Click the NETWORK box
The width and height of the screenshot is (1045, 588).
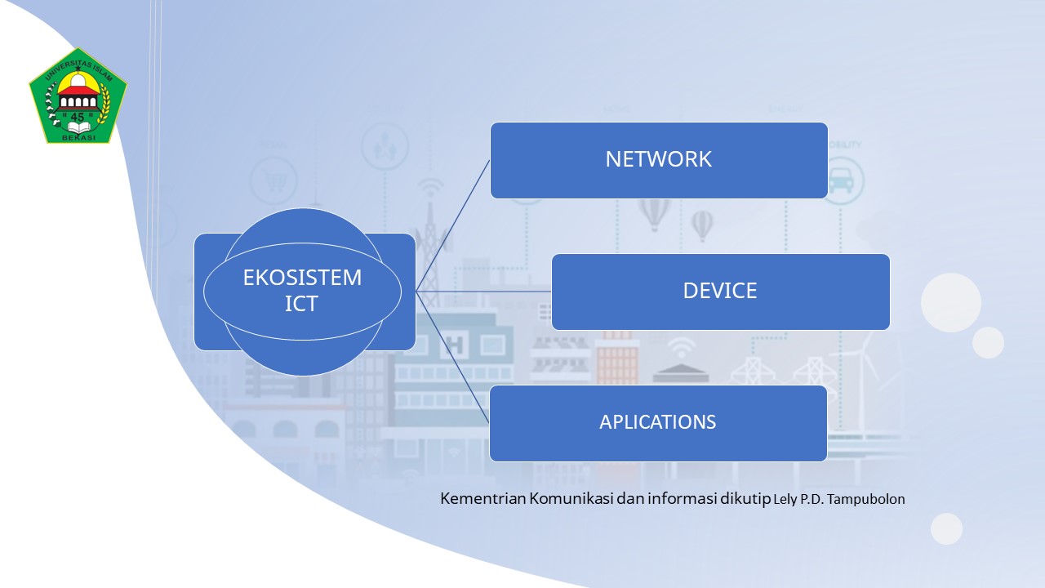tap(659, 160)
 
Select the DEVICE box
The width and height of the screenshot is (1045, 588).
tap(720, 292)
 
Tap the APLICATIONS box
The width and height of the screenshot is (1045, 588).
tap(658, 423)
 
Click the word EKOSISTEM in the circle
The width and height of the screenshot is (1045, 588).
tap(302, 278)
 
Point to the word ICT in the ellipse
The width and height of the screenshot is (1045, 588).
tap(301, 305)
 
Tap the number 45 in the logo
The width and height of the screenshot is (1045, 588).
tap(78, 117)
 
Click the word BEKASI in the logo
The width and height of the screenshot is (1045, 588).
tap(78, 136)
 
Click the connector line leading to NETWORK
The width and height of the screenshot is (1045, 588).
tap(453, 225)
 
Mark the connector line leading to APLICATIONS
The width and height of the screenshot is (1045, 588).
tap(453, 357)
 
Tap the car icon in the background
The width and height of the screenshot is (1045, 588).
tap(841, 180)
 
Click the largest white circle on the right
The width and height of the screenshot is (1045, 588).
tap(951, 302)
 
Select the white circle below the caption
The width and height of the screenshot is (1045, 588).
tap(947, 528)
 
